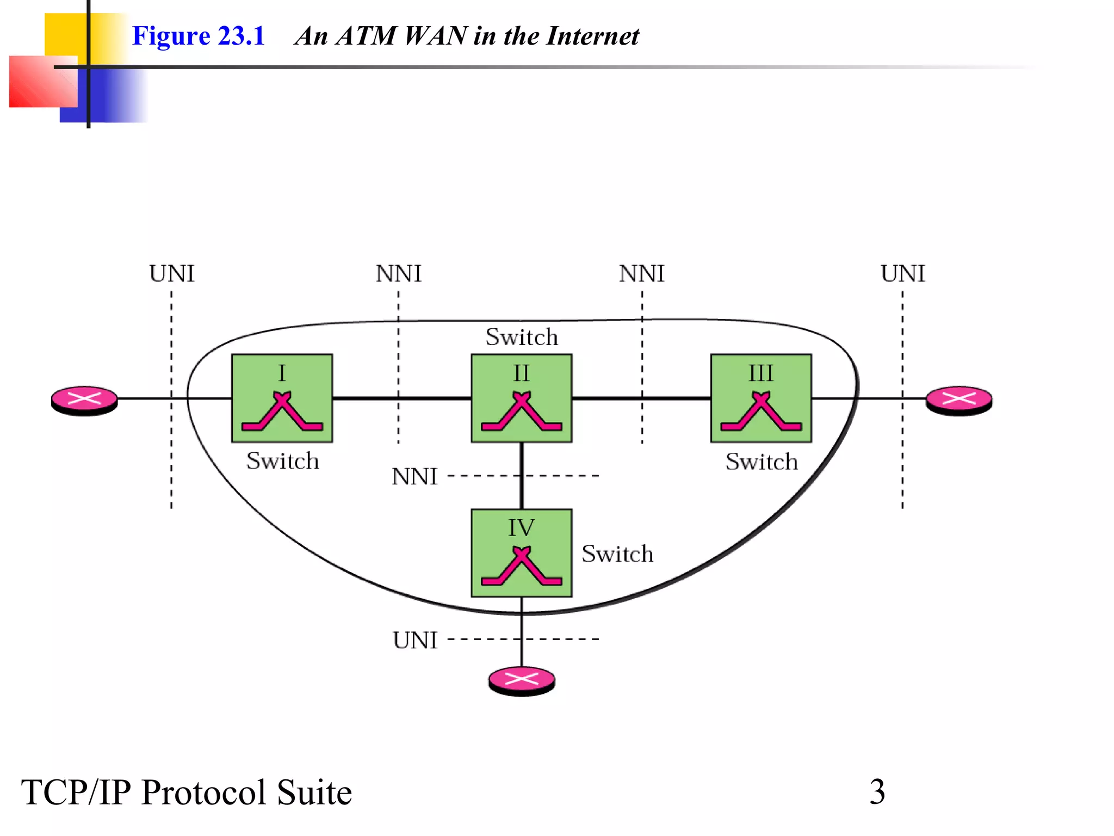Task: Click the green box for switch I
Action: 282,398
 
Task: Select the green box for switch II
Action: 521,398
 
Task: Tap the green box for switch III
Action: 760,398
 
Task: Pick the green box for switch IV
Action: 521,553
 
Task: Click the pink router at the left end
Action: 84,400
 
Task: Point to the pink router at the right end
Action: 959,400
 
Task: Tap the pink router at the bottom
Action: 521,680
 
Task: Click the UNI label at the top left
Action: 172,274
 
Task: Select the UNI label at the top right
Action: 903,274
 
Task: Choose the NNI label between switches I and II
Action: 399,274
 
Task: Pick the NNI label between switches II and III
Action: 642,274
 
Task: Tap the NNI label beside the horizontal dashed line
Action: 414,477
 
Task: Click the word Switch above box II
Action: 522,337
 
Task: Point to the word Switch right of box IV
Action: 617,554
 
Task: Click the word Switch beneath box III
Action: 762,462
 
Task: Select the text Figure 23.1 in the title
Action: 199,36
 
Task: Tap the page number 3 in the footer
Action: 877,791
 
